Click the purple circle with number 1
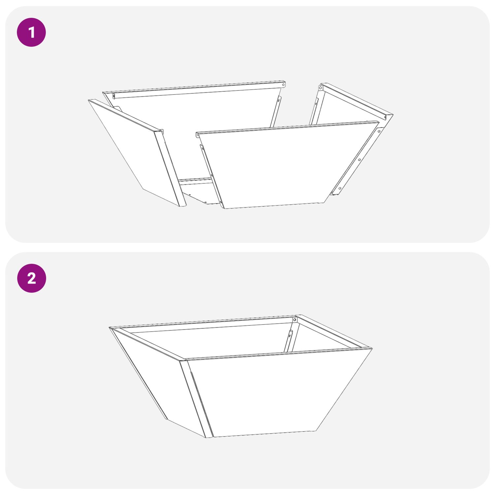[x=31, y=32]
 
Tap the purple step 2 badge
[x=31, y=278]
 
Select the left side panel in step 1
[x=135, y=152]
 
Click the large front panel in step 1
[x=284, y=165]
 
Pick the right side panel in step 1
[x=350, y=109]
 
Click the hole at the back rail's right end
[x=283, y=85]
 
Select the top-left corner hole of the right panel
[x=320, y=88]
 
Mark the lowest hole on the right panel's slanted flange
[x=340, y=188]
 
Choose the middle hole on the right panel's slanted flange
[x=359, y=160]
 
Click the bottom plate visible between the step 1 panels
[x=198, y=191]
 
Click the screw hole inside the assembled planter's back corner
[x=294, y=320]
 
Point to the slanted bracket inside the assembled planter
[x=288, y=341]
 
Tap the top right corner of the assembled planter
[x=372, y=348]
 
